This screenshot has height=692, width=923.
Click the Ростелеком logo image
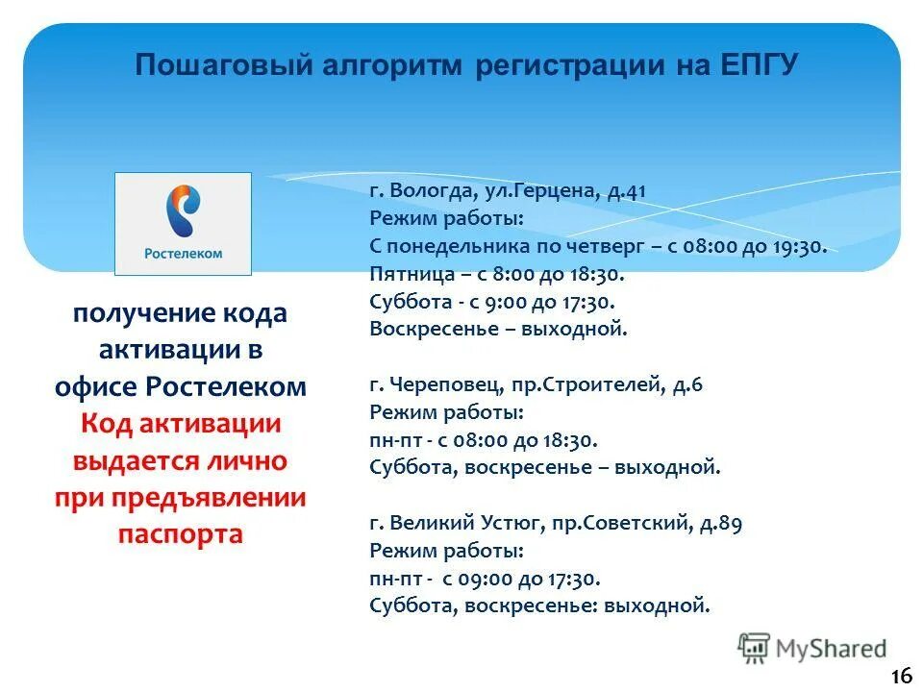point(183,223)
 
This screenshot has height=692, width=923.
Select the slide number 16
point(900,676)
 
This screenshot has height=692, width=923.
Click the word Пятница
point(406,274)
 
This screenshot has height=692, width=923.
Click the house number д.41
point(626,190)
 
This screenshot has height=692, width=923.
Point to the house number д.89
point(720,524)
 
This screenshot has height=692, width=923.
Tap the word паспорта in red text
point(181,534)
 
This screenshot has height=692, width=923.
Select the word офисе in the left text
point(96,386)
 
